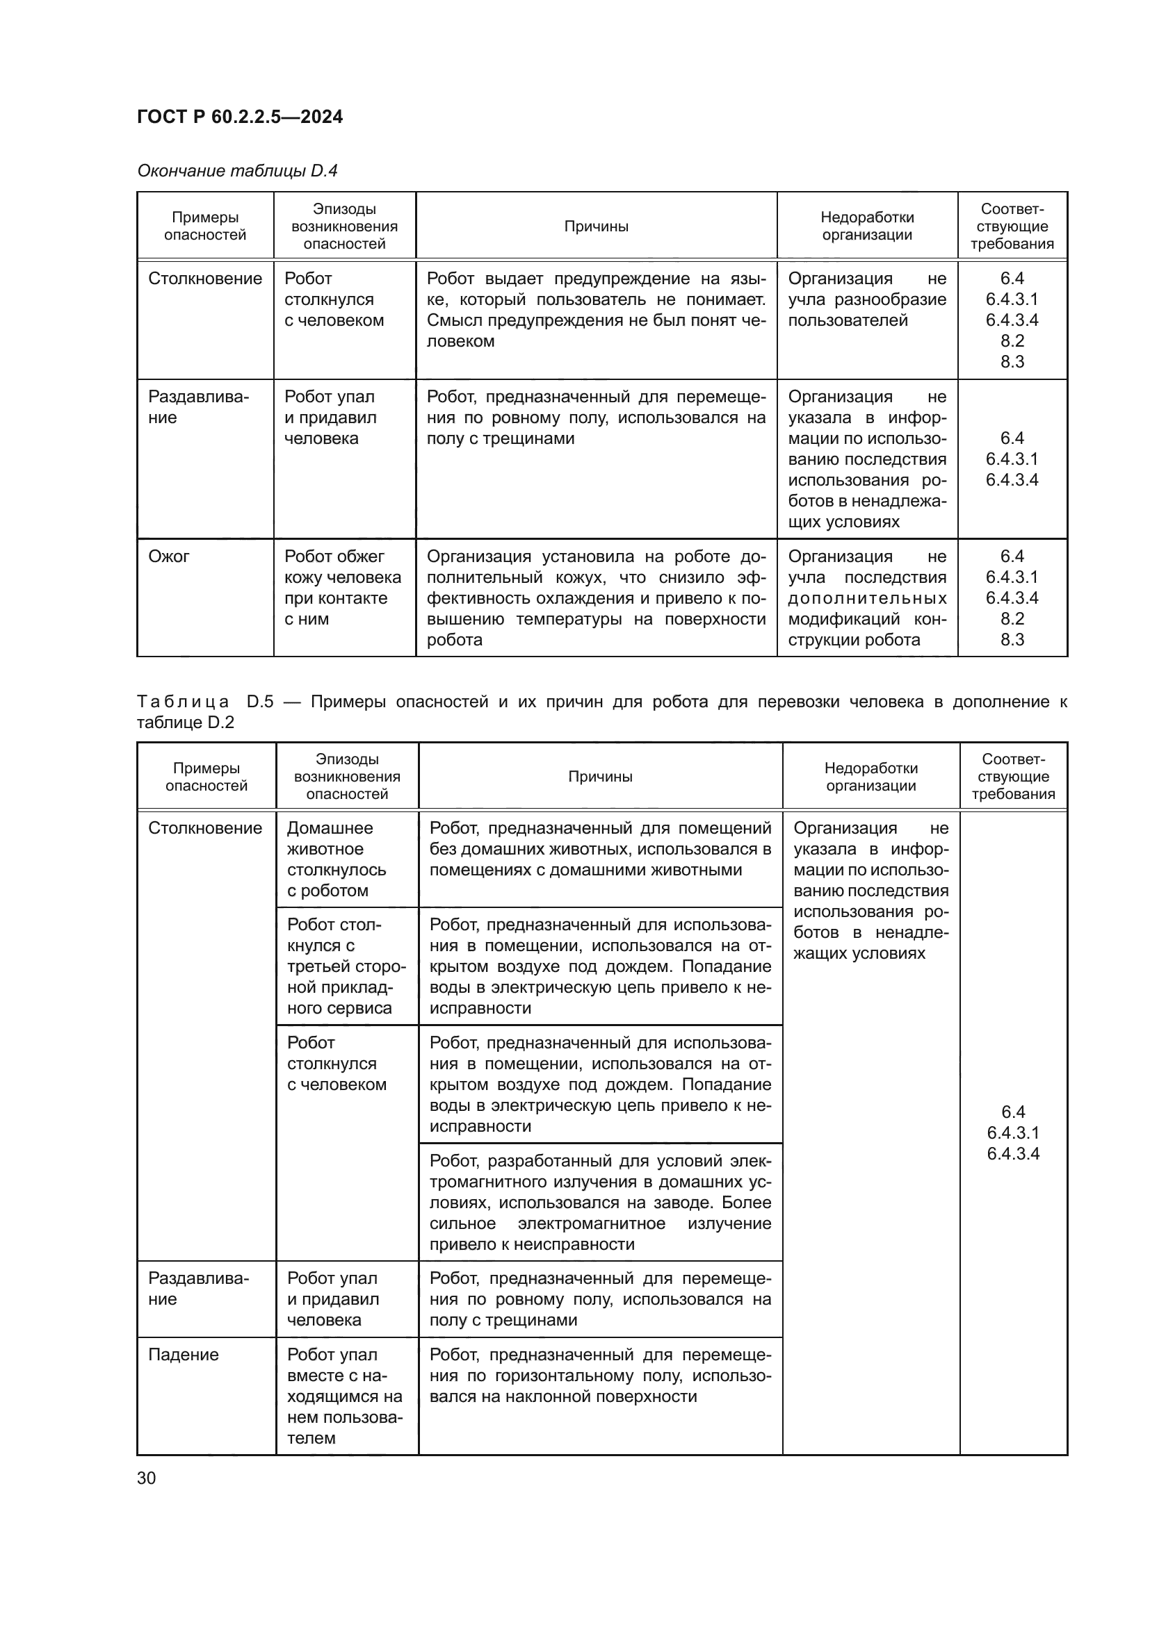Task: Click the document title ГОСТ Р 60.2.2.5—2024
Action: (239, 117)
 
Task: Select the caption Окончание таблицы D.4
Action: (237, 171)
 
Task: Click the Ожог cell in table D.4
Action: (168, 556)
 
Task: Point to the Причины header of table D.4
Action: (596, 226)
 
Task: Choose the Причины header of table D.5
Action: (600, 777)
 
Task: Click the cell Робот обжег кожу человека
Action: (343, 588)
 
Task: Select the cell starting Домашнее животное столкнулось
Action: (337, 859)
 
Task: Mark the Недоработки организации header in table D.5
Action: (870, 777)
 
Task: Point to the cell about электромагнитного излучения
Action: (600, 1203)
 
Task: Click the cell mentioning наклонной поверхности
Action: (600, 1376)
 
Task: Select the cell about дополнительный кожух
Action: (596, 598)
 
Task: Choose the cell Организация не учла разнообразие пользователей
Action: (867, 299)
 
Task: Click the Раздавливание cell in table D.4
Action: (197, 407)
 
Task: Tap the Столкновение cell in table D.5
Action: (204, 828)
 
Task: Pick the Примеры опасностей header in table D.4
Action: (204, 226)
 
